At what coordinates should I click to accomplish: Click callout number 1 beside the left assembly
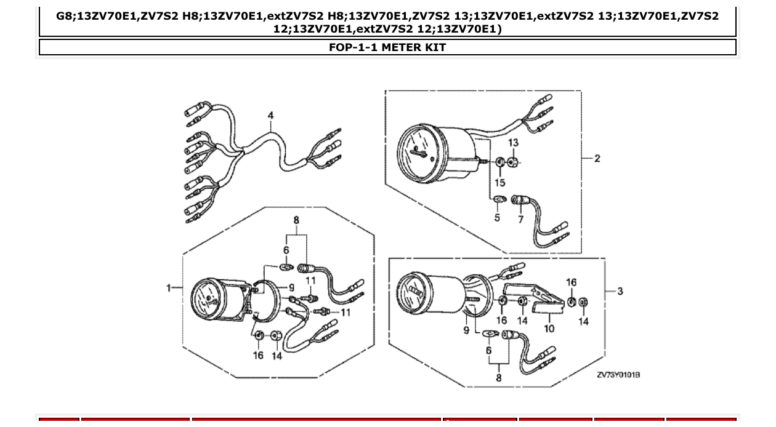click(169, 287)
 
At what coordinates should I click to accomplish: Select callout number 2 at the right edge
click(597, 158)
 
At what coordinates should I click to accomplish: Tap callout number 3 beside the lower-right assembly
click(620, 291)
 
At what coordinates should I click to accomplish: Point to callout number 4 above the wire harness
click(270, 115)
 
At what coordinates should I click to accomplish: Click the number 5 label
click(498, 218)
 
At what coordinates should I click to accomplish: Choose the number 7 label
click(520, 219)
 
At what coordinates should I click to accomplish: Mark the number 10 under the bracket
click(549, 328)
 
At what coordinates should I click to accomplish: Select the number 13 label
click(514, 143)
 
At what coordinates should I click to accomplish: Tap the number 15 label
click(499, 183)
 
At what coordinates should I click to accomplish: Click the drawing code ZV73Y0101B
click(618, 375)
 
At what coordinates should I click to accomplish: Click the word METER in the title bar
click(399, 47)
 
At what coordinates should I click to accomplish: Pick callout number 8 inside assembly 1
click(296, 220)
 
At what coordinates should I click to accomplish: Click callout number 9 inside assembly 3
click(466, 330)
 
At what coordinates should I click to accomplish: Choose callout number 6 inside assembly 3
click(489, 349)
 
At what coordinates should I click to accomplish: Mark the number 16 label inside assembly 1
click(258, 355)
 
